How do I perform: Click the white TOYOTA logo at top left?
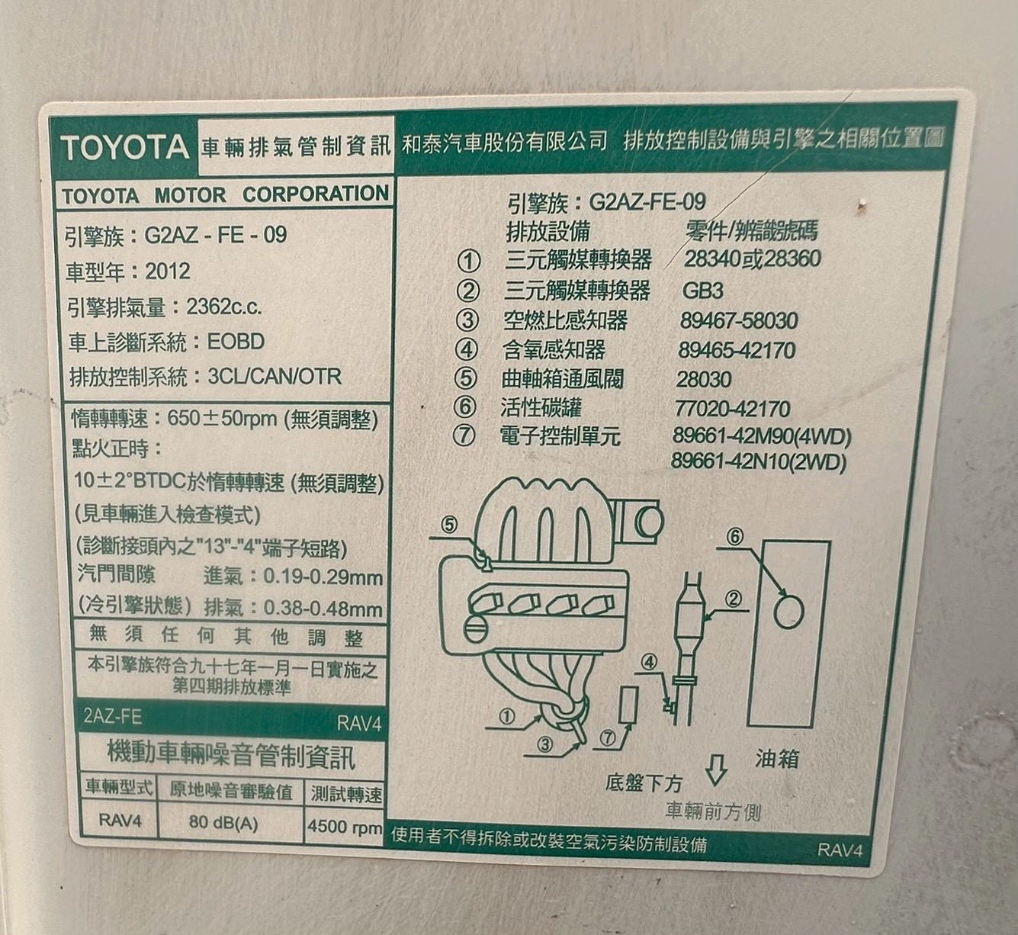pos(125,147)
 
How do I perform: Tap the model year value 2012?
pos(168,272)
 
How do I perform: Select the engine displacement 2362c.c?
pos(223,307)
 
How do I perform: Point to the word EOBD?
pos(236,342)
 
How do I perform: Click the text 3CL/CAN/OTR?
pos(275,377)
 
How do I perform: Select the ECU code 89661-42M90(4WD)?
pos(762,436)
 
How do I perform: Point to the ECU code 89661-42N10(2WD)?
pos(759,462)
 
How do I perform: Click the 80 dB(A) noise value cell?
pos(223,822)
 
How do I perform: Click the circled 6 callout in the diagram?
pos(735,536)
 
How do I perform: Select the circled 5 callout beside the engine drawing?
pos(448,525)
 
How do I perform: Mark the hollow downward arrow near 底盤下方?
pos(716,770)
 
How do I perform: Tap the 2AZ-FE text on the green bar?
pos(113,717)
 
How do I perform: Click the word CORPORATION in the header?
pos(316,194)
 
